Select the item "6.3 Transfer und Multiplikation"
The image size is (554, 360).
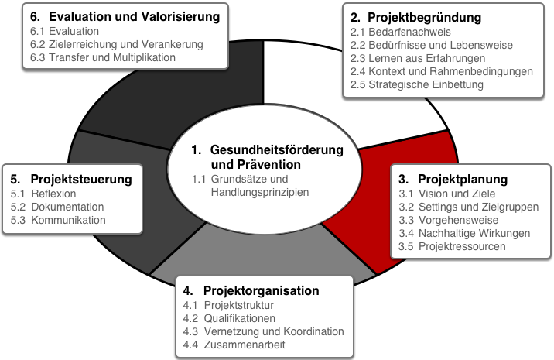click(102, 57)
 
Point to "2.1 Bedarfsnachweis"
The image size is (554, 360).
click(400, 32)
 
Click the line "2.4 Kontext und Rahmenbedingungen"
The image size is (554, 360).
click(441, 71)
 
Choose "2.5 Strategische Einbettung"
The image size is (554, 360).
click(416, 84)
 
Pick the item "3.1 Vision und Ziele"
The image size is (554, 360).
click(447, 194)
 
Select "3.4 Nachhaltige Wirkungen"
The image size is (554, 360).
click(464, 233)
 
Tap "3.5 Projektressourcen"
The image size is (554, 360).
click(452, 246)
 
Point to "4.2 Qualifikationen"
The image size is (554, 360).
click(229, 318)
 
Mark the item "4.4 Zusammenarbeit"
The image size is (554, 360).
click(234, 345)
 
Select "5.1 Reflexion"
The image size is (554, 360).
click(43, 194)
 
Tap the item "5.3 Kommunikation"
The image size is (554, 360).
click(58, 220)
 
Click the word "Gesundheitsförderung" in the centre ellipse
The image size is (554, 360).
click(277, 150)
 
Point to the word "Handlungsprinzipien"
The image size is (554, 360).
click(260, 192)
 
